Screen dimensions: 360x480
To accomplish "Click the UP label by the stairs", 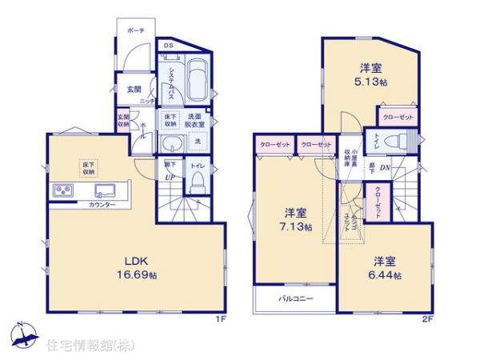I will coord(170,178).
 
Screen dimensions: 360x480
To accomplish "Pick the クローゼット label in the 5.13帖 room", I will coord(398,116).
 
